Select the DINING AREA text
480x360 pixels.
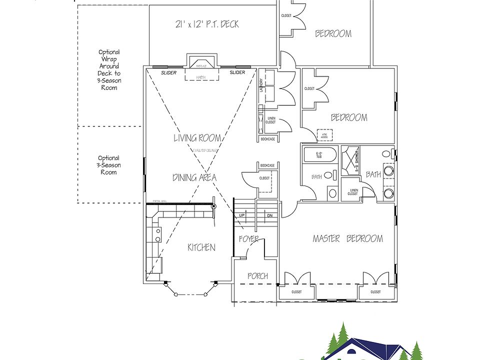click(195, 177)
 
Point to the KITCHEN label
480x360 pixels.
click(201, 247)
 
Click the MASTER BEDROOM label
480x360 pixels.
click(347, 238)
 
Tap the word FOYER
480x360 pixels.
click(248, 239)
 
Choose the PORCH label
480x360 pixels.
click(257, 275)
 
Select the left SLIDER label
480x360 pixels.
click(168, 73)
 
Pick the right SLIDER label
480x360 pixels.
click(237, 73)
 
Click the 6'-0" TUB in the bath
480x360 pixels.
click(319, 155)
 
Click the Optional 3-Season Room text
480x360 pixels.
click(108, 165)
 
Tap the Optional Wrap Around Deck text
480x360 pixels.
click(108, 69)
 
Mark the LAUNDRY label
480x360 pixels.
click(261, 86)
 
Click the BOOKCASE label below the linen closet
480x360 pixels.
click(267, 139)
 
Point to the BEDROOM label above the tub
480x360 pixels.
click(349, 117)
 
